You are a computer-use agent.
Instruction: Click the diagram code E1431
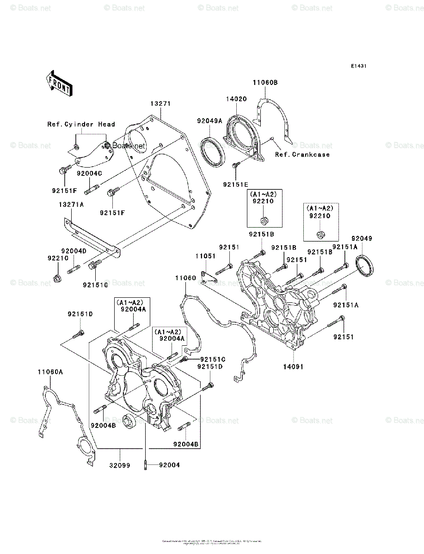pos(358,66)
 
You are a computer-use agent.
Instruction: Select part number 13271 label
pos(160,104)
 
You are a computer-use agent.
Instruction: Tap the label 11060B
pos(265,83)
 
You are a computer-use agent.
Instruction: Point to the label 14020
pos(236,99)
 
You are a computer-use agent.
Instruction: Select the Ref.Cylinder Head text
pos(81,124)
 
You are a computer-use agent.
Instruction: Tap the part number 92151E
pos(235,184)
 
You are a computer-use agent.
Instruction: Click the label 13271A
pos(71,204)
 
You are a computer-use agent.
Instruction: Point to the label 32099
pos(120,465)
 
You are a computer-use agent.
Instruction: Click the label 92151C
pos(212,359)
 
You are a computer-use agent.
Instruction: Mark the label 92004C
pos(89,174)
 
